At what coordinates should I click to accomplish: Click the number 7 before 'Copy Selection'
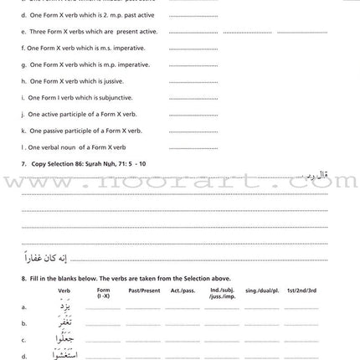(23, 163)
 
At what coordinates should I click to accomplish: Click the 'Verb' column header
(64, 291)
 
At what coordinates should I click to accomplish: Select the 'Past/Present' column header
(138, 291)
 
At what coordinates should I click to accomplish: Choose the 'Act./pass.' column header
(180, 291)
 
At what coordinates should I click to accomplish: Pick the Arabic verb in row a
(65, 306)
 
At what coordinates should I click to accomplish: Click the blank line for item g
(193, 65)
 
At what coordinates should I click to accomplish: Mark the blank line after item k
(193, 131)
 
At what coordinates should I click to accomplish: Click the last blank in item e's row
(302, 33)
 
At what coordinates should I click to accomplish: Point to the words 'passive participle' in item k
(71, 131)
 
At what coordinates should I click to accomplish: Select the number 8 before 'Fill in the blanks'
(23, 279)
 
